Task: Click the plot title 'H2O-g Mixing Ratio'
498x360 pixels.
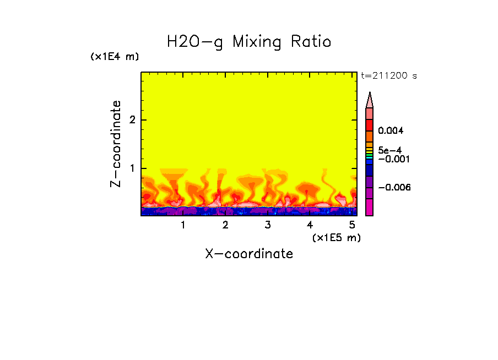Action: (249, 42)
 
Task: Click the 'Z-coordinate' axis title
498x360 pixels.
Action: (116, 144)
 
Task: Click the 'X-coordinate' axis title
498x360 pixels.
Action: (249, 254)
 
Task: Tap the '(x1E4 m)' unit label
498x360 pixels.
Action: (115, 57)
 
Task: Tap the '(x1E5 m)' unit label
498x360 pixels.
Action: (336, 237)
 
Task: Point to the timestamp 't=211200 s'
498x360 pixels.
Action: (388, 76)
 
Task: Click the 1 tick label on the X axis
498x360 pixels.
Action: (183, 225)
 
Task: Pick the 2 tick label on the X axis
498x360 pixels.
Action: (225, 225)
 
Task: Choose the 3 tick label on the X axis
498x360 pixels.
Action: (268, 225)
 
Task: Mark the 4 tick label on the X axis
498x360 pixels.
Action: (310, 225)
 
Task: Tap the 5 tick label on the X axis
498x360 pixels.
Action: (352, 225)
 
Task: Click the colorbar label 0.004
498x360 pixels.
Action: (391, 131)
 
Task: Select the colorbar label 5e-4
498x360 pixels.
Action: (389, 150)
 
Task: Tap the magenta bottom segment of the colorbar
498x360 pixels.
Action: (370, 208)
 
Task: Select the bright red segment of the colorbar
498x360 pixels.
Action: (370, 124)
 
